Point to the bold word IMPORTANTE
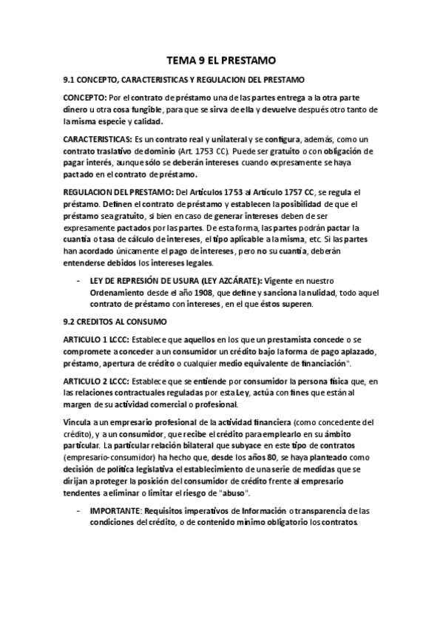[x=118, y=510]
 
